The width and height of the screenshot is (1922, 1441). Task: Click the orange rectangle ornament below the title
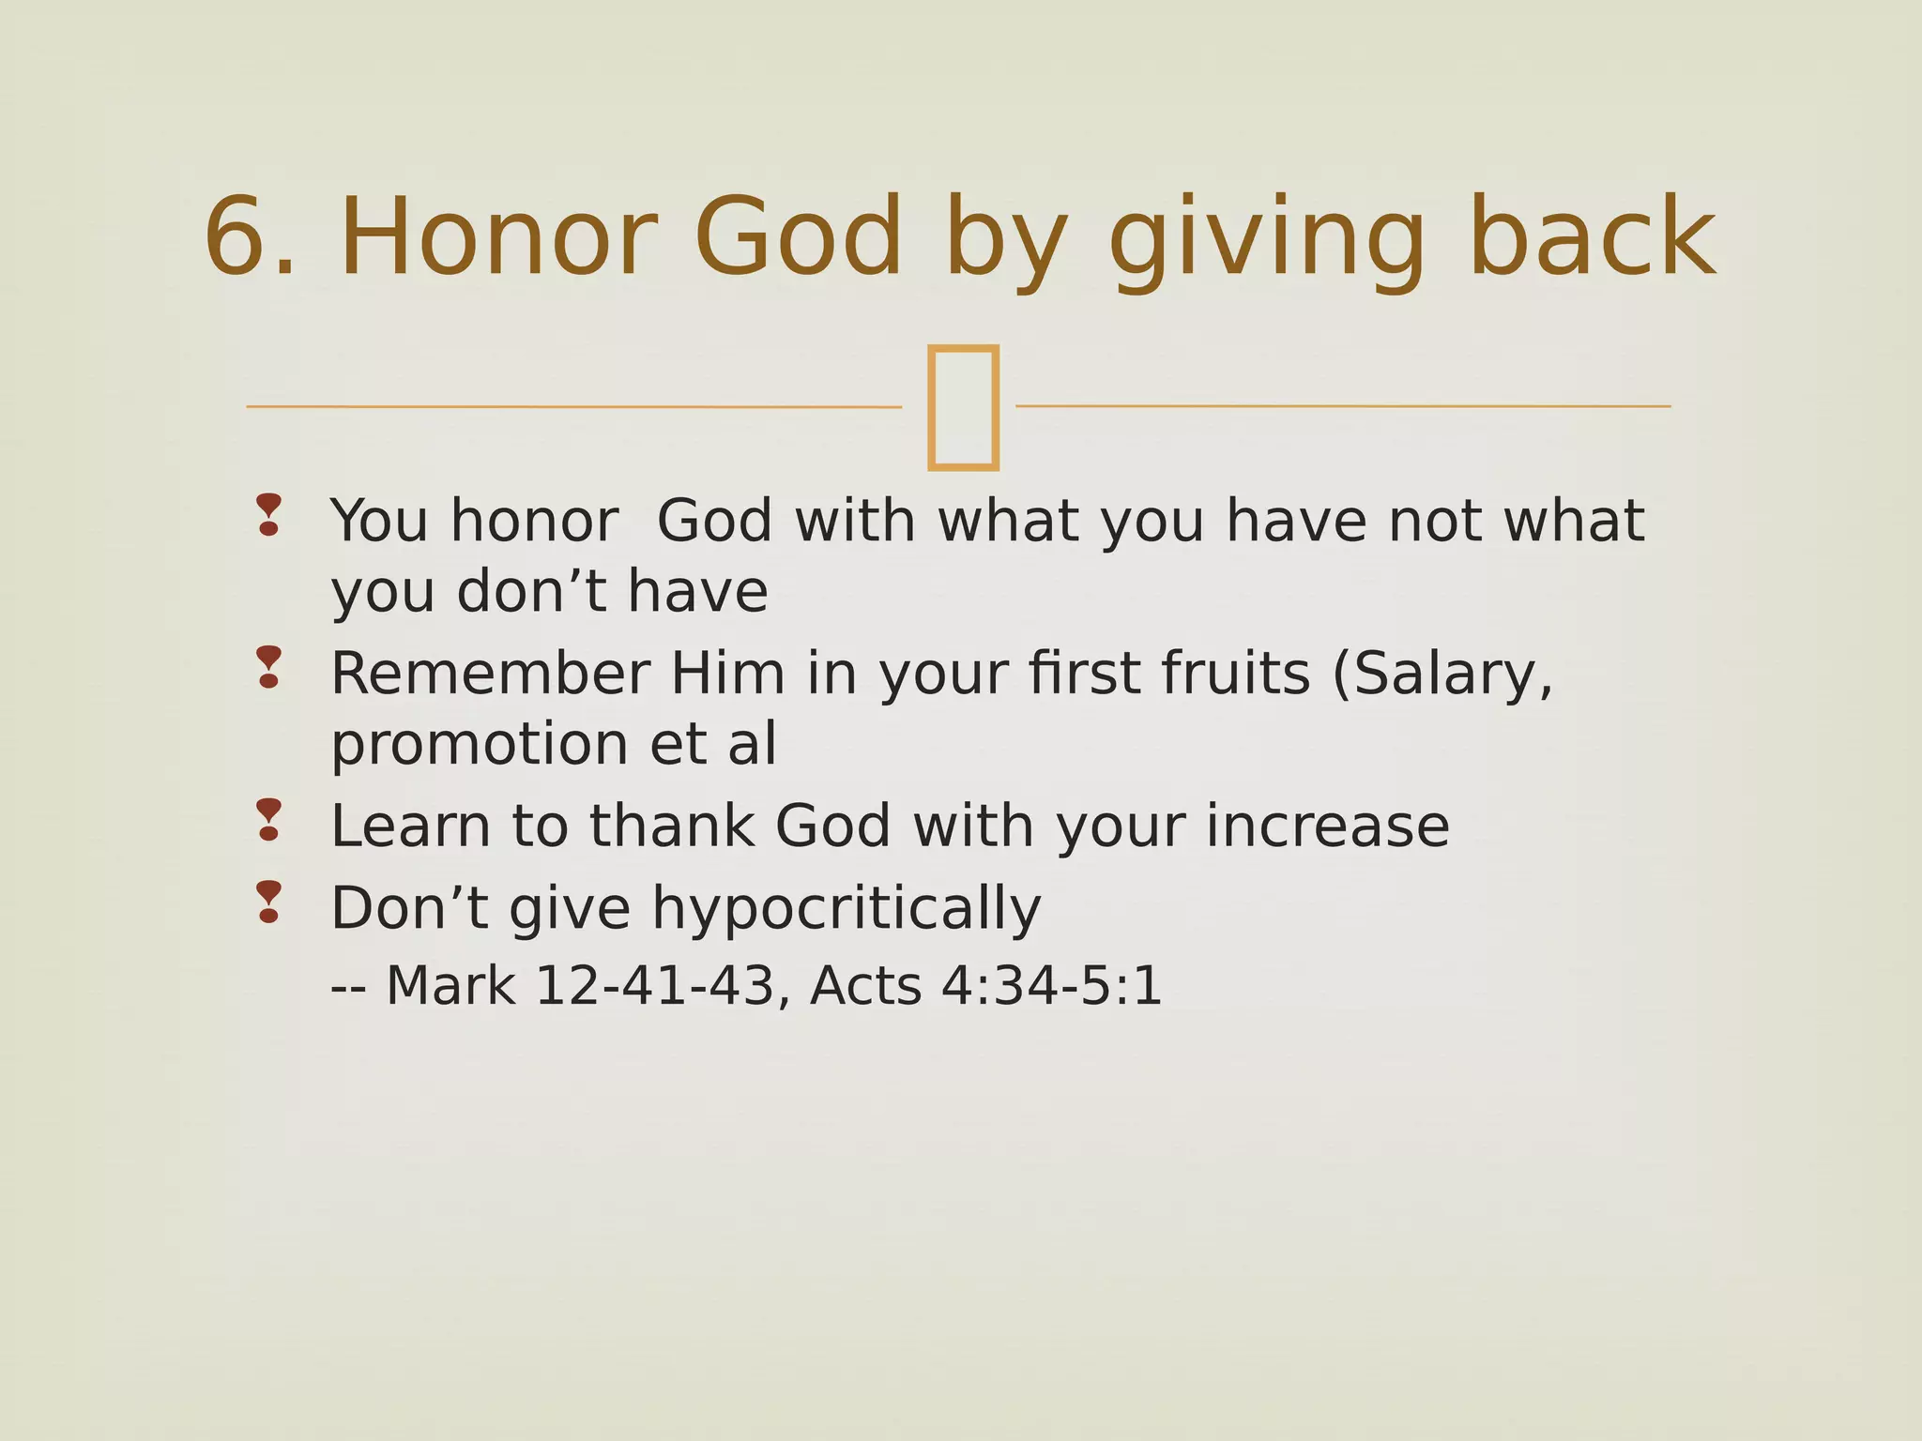tap(962, 406)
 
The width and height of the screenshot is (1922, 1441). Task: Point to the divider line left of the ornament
tap(572, 407)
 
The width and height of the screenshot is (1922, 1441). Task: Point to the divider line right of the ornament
tap(1342, 406)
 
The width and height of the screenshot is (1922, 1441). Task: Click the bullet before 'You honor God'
tap(268, 514)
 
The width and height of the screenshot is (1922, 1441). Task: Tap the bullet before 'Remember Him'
tap(268, 667)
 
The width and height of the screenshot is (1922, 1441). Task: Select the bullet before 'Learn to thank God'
tap(268, 819)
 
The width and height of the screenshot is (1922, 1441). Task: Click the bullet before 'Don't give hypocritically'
tap(268, 902)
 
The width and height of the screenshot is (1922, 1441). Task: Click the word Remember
tap(490, 674)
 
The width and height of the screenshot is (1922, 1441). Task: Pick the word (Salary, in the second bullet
tap(1442, 674)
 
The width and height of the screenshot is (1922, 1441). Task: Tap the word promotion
tap(479, 746)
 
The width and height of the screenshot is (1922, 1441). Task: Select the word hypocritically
tap(847, 910)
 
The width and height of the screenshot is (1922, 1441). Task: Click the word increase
tap(1327, 827)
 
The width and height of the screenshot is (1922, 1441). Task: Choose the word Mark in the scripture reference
tap(450, 986)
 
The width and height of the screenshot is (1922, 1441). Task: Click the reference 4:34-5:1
tap(1051, 986)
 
